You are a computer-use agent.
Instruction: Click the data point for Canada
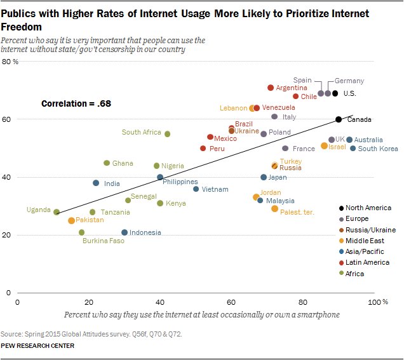click(339, 119)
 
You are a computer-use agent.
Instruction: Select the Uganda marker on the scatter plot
click(57, 212)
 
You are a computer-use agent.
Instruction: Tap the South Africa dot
click(167, 134)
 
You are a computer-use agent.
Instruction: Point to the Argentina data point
click(271, 88)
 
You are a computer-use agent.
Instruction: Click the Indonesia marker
click(125, 232)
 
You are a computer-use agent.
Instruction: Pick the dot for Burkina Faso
click(81, 232)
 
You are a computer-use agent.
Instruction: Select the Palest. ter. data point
click(274, 209)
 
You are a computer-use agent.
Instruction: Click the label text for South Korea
click(378, 149)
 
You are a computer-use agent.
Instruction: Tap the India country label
click(112, 183)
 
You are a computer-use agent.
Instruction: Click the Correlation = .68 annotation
click(76, 103)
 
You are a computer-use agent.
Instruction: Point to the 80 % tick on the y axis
click(10, 62)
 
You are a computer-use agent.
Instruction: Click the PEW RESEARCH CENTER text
click(38, 346)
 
